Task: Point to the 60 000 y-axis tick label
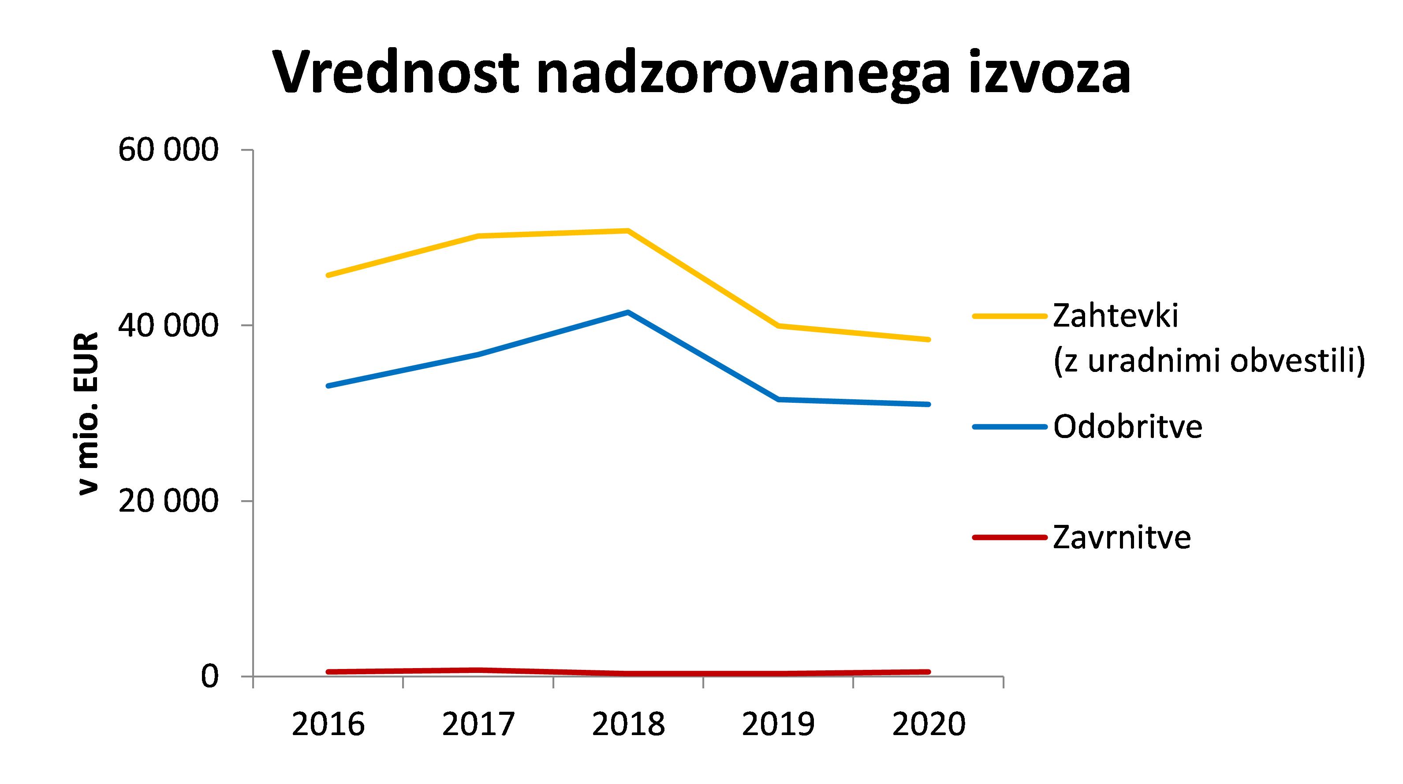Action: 168,150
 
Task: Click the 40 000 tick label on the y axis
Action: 168,325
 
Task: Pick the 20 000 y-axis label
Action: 168,501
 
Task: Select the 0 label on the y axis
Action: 210,676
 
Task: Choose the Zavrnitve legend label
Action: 1122,537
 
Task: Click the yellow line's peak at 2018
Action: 628,231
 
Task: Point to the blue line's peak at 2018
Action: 628,312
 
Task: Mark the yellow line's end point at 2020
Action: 929,339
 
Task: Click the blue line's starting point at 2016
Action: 328,386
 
